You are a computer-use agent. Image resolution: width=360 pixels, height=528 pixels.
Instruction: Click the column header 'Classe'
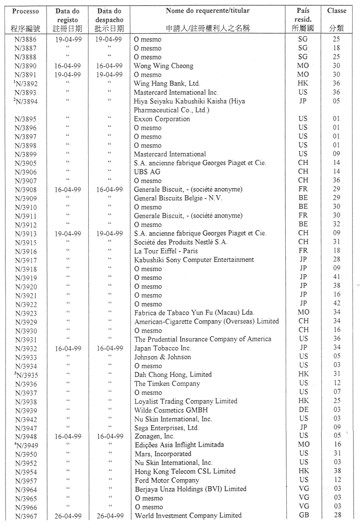coord(337,10)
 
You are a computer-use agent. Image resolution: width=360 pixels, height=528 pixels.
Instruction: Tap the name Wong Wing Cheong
coord(163,66)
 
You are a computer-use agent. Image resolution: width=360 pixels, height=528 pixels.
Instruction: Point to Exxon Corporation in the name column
coord(162,119)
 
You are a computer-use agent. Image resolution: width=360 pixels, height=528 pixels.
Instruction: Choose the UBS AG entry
coord(147,172)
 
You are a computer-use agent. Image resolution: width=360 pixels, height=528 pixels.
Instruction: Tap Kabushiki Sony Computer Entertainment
coord(194,260)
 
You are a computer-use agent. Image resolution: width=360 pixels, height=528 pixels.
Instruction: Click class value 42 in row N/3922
coord(337,304)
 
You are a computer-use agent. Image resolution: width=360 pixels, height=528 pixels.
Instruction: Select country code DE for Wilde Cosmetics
coord(303,410)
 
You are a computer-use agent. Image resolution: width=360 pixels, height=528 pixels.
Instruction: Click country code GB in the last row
coord(303,516)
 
